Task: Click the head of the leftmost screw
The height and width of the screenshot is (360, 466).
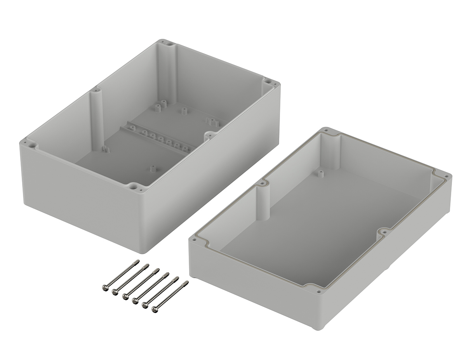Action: click(x=105, y=287)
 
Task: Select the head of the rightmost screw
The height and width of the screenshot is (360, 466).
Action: click(x=155, y=309)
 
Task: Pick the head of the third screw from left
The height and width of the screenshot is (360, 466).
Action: click(x=125, y=297)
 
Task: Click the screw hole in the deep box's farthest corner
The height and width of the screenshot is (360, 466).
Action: click(x=170, y=43)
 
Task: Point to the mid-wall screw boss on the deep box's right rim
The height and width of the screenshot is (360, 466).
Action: click(x=210, y=135)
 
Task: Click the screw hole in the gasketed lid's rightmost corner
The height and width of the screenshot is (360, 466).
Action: click(x=446, y=177)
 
